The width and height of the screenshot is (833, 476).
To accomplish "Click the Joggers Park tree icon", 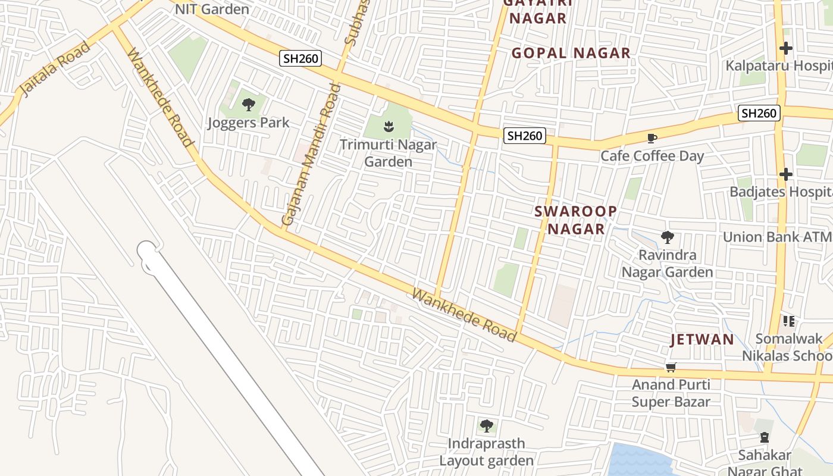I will click(249, 105).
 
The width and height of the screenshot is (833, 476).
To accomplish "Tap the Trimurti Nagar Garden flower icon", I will click(388, 126).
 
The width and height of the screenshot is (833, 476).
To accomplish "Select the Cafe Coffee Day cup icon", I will click(652, 139).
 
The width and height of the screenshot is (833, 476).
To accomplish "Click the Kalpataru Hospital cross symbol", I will click(786, 48).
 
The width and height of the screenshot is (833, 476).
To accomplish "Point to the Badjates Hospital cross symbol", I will click(786, 174).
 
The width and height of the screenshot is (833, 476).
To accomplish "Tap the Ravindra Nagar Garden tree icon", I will click(668, 237).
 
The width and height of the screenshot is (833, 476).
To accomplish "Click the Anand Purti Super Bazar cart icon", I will click(671, 368).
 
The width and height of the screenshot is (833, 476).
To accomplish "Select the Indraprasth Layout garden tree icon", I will click(487, 426).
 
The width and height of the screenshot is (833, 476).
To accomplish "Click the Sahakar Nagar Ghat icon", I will click(765, 438).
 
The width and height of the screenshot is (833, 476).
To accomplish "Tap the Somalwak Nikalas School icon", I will click(790, 321).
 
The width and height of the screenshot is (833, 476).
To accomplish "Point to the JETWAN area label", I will click(702, 340).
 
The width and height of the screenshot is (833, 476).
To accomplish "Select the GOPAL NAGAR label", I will click(571, 53).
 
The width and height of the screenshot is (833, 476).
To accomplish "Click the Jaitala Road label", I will click(55, 68).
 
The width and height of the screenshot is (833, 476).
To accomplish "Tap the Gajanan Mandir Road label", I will click(312, 155).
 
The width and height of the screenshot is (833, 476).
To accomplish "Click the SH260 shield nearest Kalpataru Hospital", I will click(759, 113).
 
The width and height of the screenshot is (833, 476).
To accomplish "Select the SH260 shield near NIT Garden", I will click(301, 58).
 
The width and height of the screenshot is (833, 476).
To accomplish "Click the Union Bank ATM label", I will click(776, 237).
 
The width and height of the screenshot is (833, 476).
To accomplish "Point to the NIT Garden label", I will click(212, 9).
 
